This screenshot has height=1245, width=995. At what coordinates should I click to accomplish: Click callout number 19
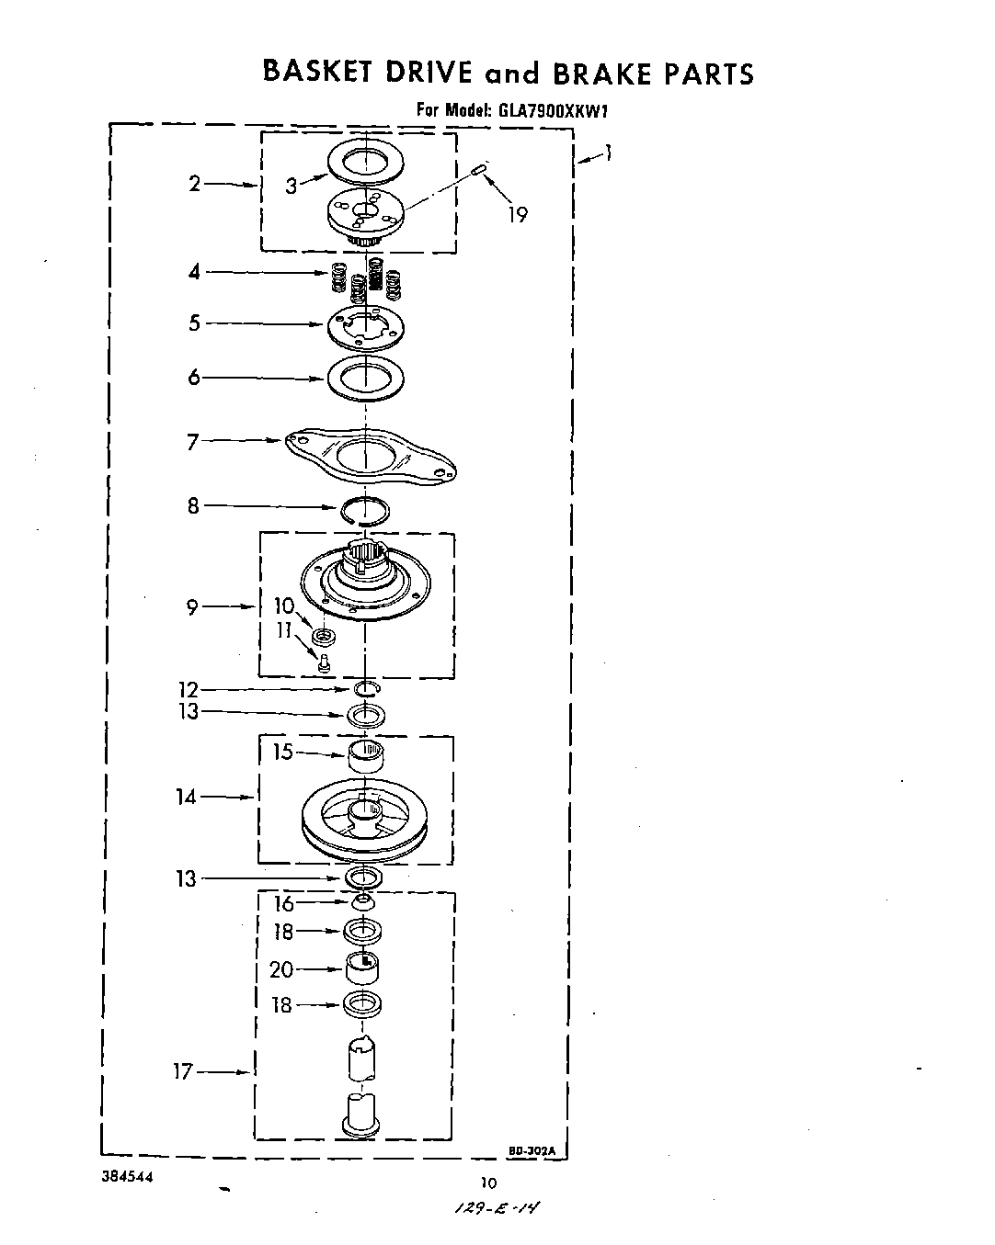point(518,215)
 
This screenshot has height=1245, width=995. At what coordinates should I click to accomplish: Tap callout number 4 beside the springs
point(193,272)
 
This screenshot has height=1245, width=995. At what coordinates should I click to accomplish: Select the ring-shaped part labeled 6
point(365,378)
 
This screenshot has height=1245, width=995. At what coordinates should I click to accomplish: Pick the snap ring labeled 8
point(365,509)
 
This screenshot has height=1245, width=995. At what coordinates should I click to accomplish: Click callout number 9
point(192,607)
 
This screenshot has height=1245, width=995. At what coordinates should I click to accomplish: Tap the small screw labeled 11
point(323,662)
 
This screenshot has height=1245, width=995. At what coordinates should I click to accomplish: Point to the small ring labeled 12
point(365,689)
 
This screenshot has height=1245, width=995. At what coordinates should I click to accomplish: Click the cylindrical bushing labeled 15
point(366,758)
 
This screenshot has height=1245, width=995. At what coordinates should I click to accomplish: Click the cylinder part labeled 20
point(364,967)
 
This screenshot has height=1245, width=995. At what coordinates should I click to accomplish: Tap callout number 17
point(183,1071)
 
